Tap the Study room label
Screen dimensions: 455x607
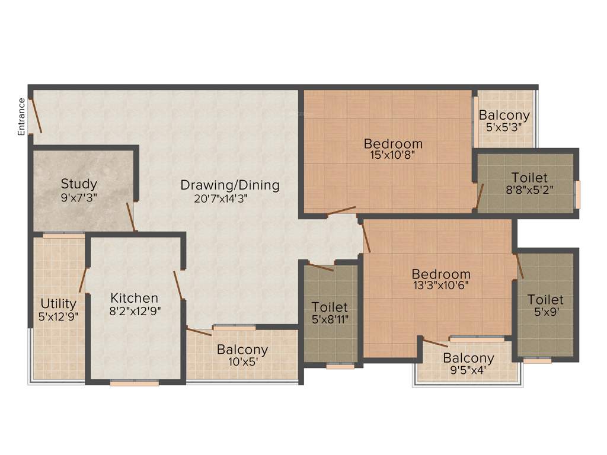79,184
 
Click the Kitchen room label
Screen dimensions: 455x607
135,297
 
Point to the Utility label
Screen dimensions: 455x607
58,304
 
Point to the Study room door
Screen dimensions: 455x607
131,217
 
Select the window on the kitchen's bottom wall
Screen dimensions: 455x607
135,383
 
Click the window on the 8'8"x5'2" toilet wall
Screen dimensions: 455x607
578,194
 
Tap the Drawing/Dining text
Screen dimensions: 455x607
230,185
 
